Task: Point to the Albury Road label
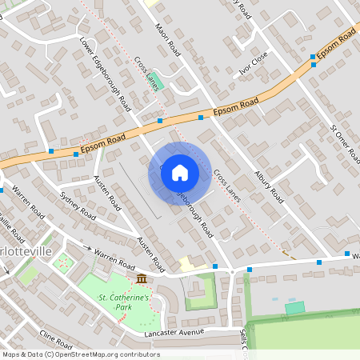pos(269,185)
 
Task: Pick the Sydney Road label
pos(78,206)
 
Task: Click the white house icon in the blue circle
pos(180,172)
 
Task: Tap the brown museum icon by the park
pos(142,278)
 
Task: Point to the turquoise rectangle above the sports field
pos(295,307)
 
